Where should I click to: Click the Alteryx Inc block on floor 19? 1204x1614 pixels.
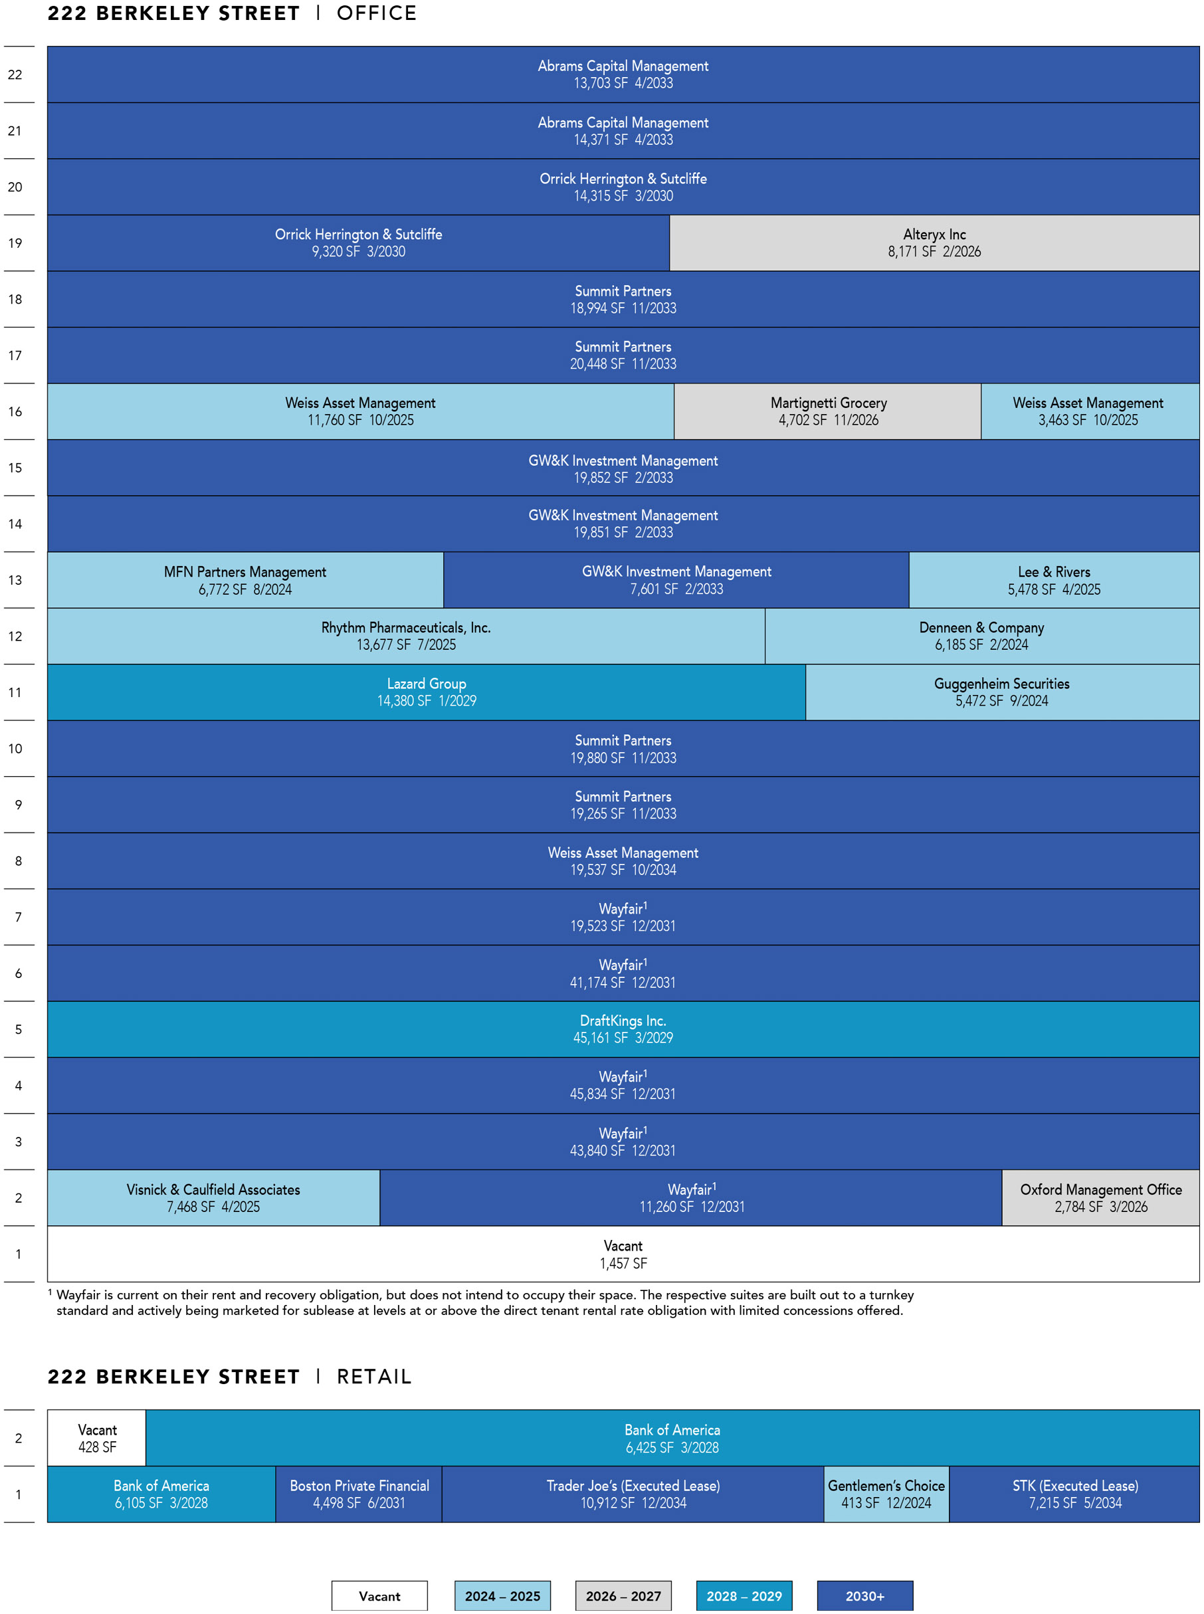tap(934, 243)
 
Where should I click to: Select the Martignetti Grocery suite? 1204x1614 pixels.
tap(827, 411)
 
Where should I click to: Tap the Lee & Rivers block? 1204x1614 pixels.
tap(1054, 580)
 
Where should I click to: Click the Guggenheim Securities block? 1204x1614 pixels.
tap(1002, 692)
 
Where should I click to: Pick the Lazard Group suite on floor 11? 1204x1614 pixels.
tap(427, 692)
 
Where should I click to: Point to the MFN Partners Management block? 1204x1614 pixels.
tap(246, 580)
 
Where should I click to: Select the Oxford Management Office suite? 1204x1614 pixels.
tap(1100, 1198)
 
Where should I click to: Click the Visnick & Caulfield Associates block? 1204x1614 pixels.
tap(213, 1198)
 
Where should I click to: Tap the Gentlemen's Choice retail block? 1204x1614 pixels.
tap(886, 1494)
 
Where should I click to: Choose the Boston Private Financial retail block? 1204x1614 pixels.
tap(359, 1494)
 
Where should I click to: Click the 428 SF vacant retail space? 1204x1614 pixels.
tap(97, 1439)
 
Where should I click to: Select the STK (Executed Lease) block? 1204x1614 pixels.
tap(1074, 1494)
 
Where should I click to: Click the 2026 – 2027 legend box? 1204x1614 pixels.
tap(623, 1596)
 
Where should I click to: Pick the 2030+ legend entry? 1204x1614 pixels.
tap(864, 1596)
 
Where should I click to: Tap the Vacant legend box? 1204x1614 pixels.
tap(379, 1596)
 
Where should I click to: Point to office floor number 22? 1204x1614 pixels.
tap(15, 74)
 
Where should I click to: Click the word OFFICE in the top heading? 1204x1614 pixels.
tap(377, 13)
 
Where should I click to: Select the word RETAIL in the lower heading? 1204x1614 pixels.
tap(374, 1377)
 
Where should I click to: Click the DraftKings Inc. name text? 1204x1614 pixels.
tap(623, 1021)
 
